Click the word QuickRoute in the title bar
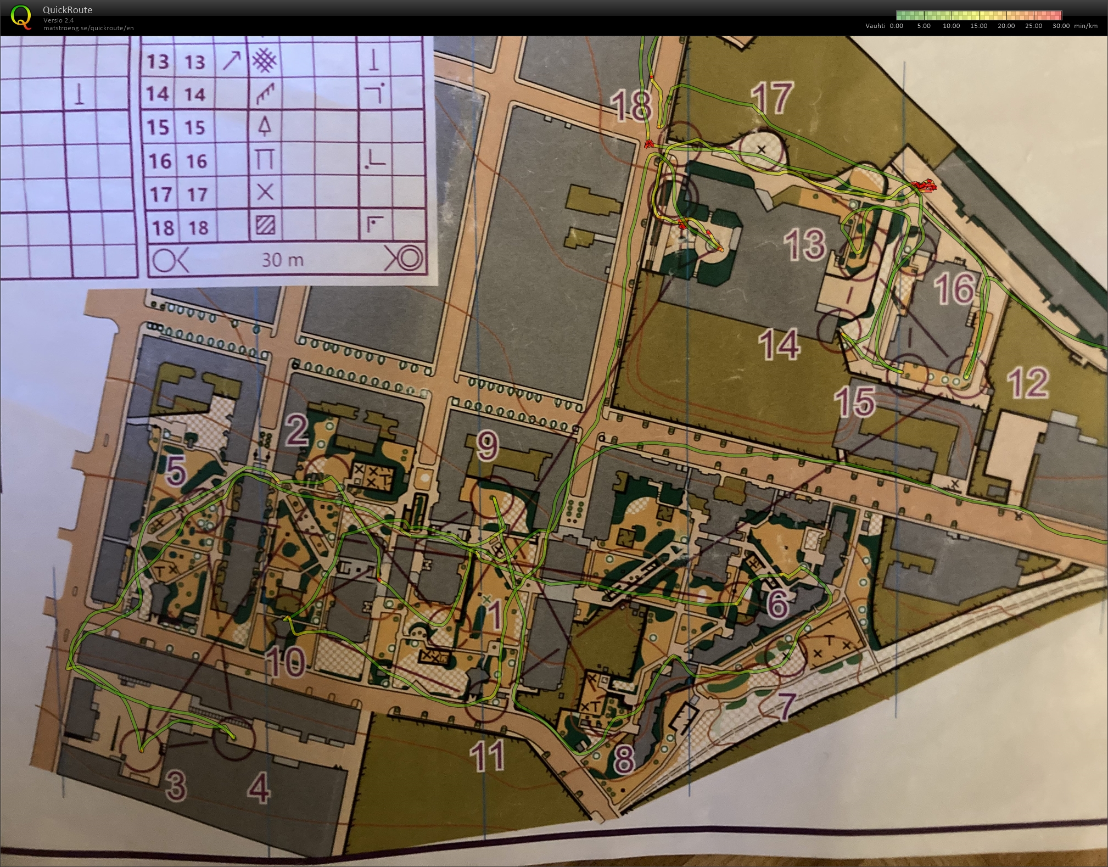click(68, 9)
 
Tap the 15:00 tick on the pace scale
click(978, 26)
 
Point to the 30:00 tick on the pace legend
click(1061, 26)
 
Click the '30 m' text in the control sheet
click(282, 259)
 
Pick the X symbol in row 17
click(265, 192)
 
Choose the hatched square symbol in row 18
click(265, 226)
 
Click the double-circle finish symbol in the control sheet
click(405, 258)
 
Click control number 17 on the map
click(772, 98)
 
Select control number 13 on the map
click(806, 244)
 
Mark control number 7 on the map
click(786, 705)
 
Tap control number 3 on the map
click(176, 785)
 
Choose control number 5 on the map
click(176, 470)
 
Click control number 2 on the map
click(297, 430)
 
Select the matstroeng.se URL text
click(88, 28)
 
